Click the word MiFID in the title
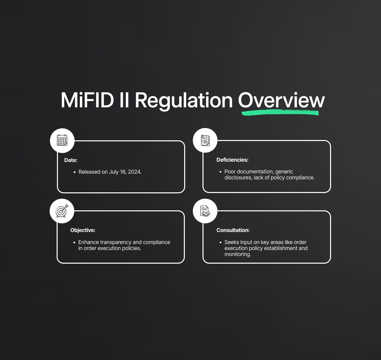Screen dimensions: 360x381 (87, 100)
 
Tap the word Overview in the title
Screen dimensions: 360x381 (281, 100)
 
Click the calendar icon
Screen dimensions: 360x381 (62, 140)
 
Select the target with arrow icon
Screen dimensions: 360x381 (62, 211)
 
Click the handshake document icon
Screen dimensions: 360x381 (205, 211)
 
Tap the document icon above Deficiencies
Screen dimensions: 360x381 (205, 140)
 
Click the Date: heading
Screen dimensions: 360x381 (71, 160)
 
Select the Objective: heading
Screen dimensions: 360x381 (83, 230)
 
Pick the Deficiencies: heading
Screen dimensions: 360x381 (232, 160)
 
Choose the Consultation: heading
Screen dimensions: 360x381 (233, 230)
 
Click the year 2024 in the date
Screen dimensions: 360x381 (135, 172)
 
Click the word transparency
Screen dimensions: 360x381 (116, 242)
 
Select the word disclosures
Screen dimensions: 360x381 (238, 178)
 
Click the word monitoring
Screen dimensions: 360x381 (237, 254)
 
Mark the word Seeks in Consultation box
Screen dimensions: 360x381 (231, 242)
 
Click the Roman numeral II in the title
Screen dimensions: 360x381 (124, 100)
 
